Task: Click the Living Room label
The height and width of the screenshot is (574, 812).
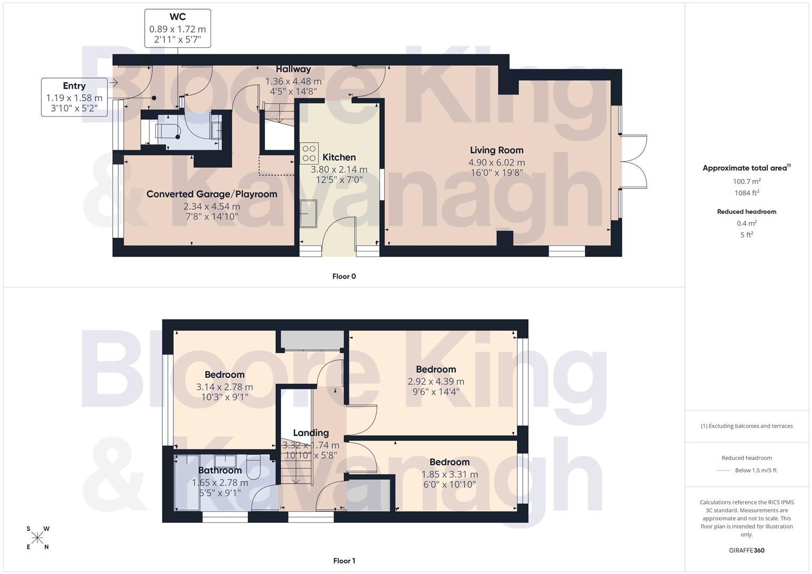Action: click(x=496, y=150)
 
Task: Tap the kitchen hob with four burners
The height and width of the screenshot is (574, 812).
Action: click(x=309, y=154)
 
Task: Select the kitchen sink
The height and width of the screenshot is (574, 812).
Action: click(x=308, y=214)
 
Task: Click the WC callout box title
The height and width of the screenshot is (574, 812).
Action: click(x=178, y=17)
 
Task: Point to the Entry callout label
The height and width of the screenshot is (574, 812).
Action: click(x=74, y=86)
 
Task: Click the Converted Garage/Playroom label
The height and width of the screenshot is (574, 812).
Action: click(x=212, y=194)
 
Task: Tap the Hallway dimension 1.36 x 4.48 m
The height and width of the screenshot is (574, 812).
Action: click(x=293, y=81)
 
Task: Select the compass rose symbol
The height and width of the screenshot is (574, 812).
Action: click(x=37, y=538)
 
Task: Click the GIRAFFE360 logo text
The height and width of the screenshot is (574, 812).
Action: click(x=746, y=550)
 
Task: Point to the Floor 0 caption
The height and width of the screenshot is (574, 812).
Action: click(x=344, y=276)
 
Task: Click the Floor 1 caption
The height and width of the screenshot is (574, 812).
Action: click(x=344, y=561)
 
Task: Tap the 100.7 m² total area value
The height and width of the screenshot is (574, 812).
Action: click(x=746, y=181)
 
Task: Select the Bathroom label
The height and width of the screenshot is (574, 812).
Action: click(x=220, y=470)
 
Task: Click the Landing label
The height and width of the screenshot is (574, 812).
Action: click(x=311, y=433)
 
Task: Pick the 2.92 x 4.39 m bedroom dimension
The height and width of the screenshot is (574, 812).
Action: click(x=436, y=382)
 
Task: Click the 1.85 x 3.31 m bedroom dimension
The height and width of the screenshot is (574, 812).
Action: click(x=449, y=475)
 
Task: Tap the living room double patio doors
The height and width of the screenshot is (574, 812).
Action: click(x=634, y=161)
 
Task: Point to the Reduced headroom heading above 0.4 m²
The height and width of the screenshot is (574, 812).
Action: click(x=746, y=212)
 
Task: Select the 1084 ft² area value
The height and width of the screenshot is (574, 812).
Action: click(x=746, y=193)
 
